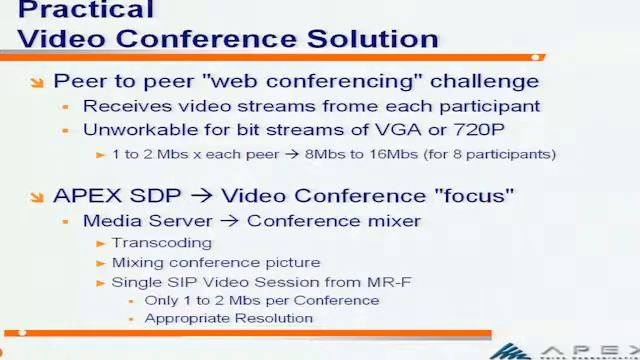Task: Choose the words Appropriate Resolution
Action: (228, 318)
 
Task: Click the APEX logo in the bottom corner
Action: (565, 350)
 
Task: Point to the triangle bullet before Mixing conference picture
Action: (100, 263)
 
